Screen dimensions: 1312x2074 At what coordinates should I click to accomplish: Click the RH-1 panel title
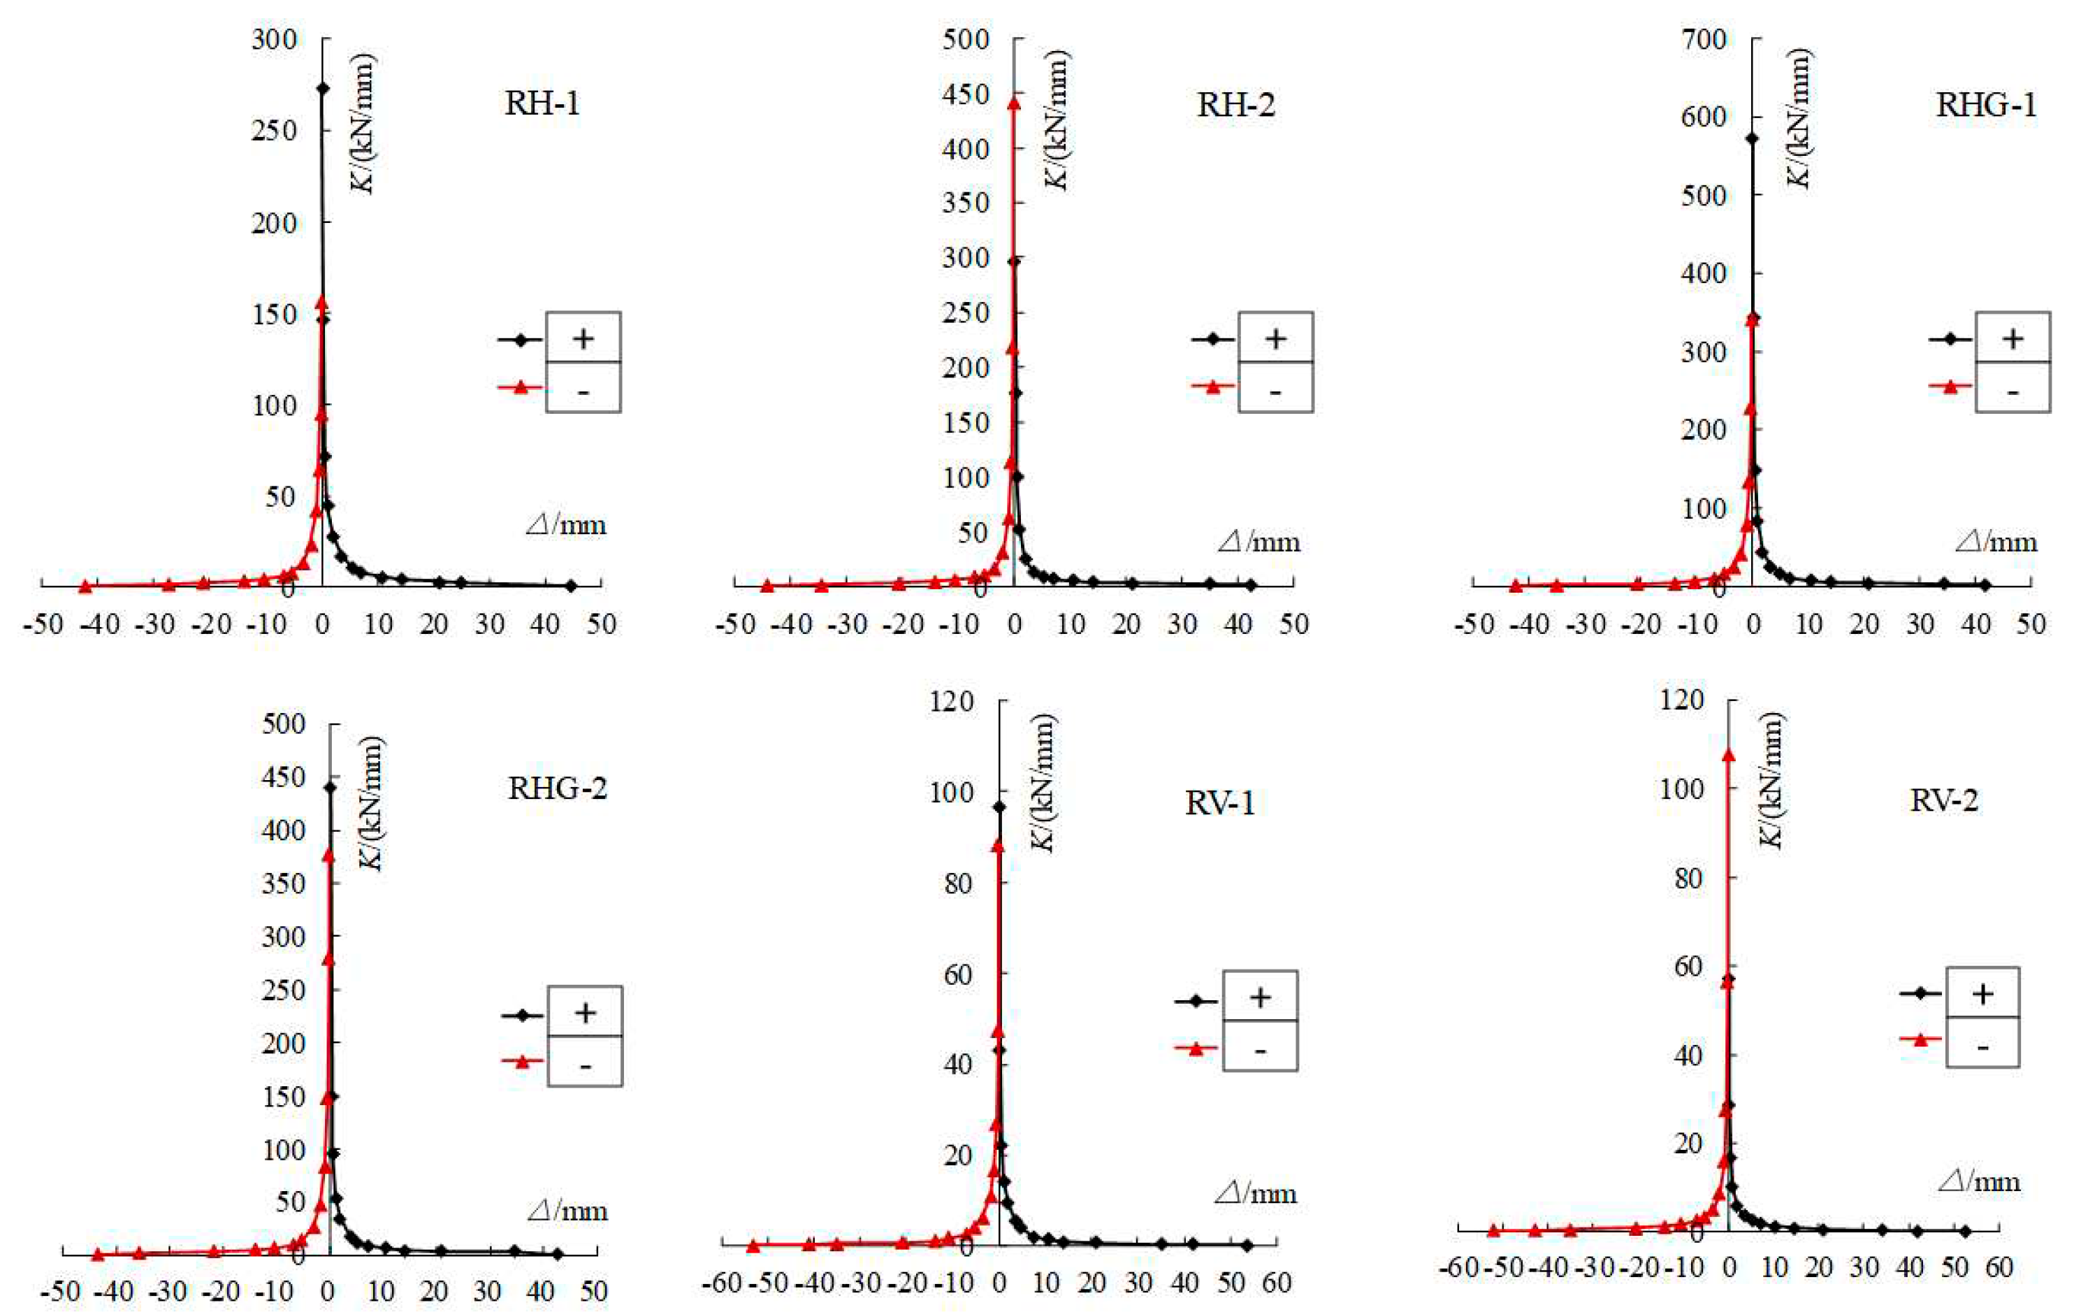[542, 104]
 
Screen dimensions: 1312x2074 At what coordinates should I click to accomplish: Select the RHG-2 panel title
[557, 788]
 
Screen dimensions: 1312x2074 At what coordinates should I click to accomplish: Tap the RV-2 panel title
[1944, 800]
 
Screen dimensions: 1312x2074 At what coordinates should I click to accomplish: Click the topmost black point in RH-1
[323, 88]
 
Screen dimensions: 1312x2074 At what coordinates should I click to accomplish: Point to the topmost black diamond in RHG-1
[1752, 138]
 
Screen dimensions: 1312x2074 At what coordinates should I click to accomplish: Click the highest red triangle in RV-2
[1728, 756]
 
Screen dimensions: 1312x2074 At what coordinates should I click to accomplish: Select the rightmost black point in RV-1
[1247, 1245]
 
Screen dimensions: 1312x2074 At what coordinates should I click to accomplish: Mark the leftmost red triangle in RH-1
[85, 586]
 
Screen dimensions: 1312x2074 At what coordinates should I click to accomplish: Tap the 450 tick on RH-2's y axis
[966, 93]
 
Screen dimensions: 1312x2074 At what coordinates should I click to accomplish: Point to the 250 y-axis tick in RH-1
[274, 130]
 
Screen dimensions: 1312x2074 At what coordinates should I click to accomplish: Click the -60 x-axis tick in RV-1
[721, 1283]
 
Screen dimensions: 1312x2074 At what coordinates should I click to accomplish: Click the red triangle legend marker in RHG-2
[523, 1061]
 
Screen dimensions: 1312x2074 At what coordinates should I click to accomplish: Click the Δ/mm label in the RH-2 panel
[1259, 542]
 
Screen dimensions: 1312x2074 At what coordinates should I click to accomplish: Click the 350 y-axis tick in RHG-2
[284, 883]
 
